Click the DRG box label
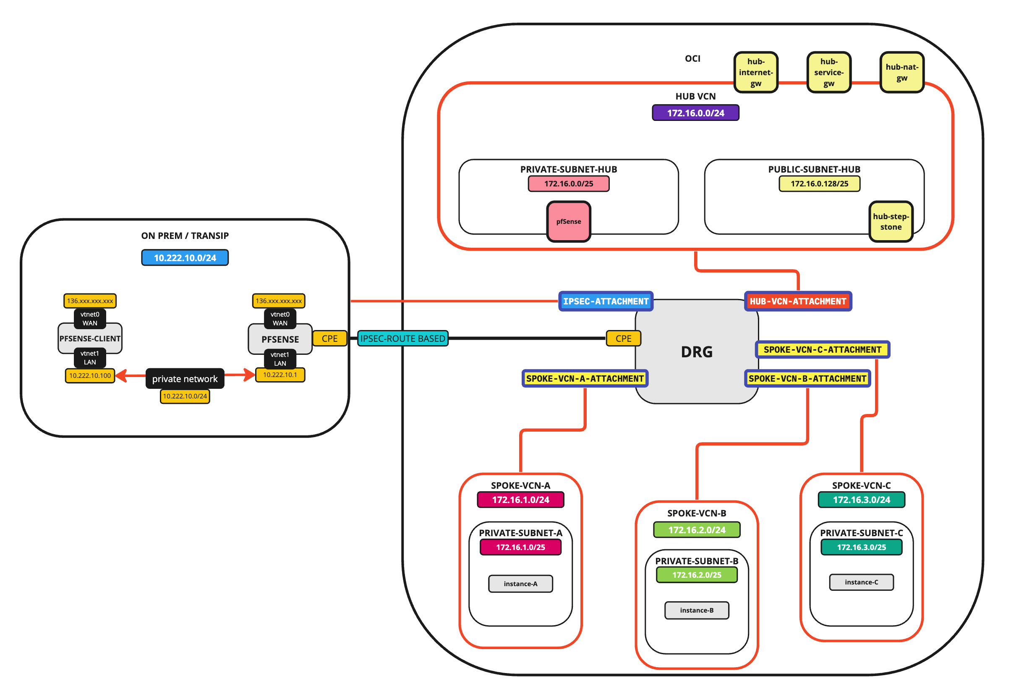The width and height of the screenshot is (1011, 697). pos(696,351)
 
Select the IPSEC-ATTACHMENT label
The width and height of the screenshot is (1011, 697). pos(606,301)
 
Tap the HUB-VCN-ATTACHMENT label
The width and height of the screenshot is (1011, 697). pos(797,301)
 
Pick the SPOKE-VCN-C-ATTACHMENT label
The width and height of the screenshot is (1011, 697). pos(822,350)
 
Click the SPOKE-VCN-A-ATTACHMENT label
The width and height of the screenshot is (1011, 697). pos(585,379)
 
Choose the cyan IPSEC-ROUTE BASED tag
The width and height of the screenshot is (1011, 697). pos(402,338)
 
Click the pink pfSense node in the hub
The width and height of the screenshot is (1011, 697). pos(568,221)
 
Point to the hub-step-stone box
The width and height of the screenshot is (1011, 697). pos(891,221)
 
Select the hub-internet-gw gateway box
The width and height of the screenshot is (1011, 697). pos(756,73)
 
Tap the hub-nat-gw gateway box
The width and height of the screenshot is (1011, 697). pos(901,73)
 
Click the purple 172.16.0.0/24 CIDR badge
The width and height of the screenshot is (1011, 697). pos(695,113)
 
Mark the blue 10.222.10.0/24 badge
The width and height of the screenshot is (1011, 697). pos(185,258)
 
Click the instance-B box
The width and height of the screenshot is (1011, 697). pos(696,610)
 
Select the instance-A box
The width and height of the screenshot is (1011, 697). pos(520,584)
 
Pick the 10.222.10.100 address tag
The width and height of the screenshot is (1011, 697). pos(90,375)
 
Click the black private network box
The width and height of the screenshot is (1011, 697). pos(185,379)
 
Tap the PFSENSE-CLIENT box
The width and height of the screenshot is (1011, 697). pos(90,338)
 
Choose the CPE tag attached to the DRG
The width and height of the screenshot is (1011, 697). pos(623,338)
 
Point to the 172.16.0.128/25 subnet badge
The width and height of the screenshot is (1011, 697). pos(819,184)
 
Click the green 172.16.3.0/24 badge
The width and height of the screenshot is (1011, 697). pos(861,500)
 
